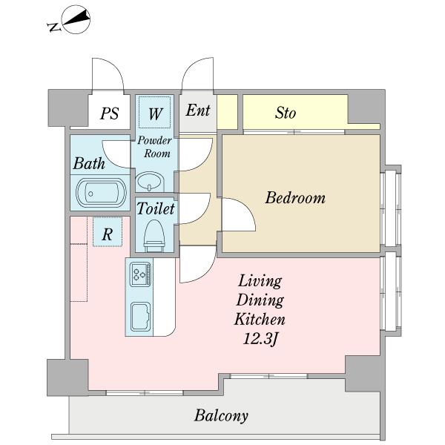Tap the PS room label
(110, 113)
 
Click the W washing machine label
(155, 113)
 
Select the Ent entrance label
(198, 111)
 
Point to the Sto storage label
(286, 113)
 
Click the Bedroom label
(295, 198)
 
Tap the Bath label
(89, 163)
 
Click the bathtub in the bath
(102, 193)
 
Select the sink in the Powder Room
(149, 181)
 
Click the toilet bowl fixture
(154, 236)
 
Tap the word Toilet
(156, 208)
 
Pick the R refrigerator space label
(107, 234)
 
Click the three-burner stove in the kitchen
(140, 274)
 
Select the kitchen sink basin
(140, 317)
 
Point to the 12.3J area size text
(260, 338)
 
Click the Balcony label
(221, 416)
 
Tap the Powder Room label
(155, 147)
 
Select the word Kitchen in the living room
(260, 319)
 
